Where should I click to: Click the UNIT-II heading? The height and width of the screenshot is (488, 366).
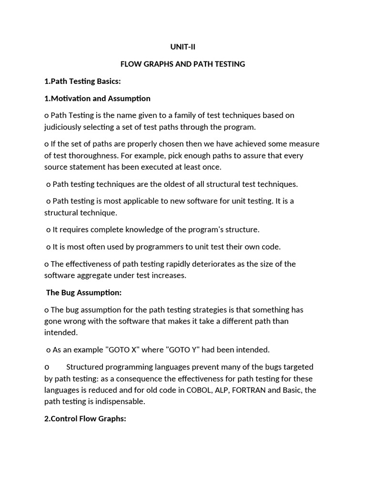click(x=183, y=47)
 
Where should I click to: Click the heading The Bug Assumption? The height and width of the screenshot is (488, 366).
click(x=84, y=293)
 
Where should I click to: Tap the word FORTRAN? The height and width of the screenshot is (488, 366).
click(x=250, y=390)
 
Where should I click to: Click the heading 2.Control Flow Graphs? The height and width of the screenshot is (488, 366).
click(x=85, y=418)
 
